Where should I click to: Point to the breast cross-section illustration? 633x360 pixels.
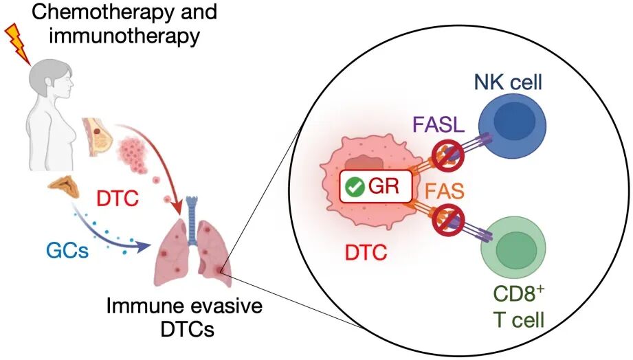(x=96, y=135)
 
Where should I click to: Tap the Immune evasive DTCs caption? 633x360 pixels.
(x=184, y=315)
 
